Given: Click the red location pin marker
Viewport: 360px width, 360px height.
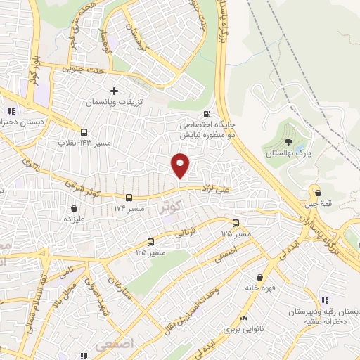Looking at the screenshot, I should [x=181, y=165].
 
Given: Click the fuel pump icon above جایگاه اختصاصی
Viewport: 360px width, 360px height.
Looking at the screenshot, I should [x=205, y=115].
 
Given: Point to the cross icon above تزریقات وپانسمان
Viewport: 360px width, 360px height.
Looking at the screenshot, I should [x=114, y=92].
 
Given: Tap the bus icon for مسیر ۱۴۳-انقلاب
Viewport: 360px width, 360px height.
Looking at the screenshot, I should [x=84, y=132].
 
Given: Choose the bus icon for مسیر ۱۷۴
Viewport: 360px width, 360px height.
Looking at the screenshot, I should [x=129, y=199].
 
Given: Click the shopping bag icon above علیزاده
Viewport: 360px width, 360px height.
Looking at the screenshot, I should [x=74, y=208].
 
